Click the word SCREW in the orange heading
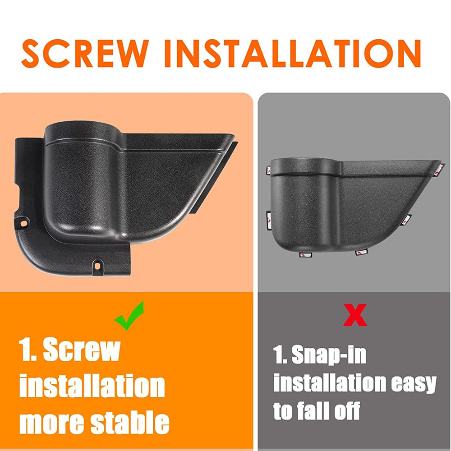coord(85,53)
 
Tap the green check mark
coord(129,316)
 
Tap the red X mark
coord(355,315)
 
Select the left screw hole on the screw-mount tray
coord(23,223)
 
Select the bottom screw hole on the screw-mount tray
coord(97,265)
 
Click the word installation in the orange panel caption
coord(92,386)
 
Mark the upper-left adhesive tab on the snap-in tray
coord(268,170)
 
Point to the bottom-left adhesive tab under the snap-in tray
coord(306,255)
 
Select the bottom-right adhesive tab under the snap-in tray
coord(361,253)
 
